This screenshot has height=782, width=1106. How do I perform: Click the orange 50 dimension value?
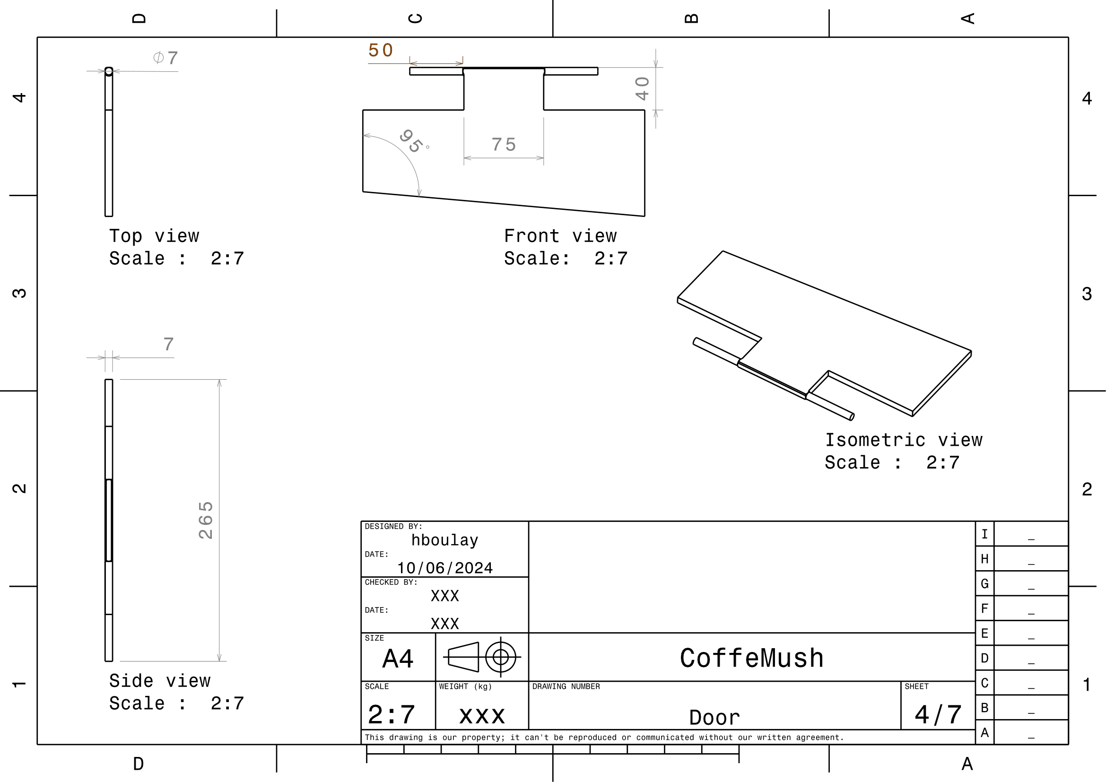[x=381, y=50]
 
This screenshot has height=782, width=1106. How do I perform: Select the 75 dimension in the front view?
[x=504, y=145]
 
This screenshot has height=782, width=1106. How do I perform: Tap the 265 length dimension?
[x=206, y=520]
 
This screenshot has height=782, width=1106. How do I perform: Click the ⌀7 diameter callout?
[x=165, y=58]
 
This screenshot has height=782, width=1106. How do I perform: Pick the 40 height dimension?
[x=642, y=88]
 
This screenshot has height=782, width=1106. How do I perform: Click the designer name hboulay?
[x=444, y=540]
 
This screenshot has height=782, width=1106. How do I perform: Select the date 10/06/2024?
[x=444, y=568]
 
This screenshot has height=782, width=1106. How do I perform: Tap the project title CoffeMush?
[x=751, y=658]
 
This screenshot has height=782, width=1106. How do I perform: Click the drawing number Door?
[x=714, y=718]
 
